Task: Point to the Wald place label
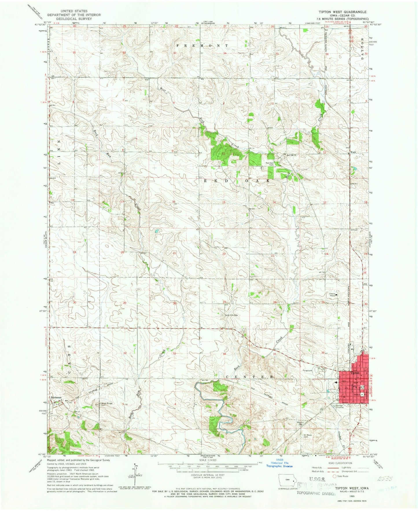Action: click(353, 152)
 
